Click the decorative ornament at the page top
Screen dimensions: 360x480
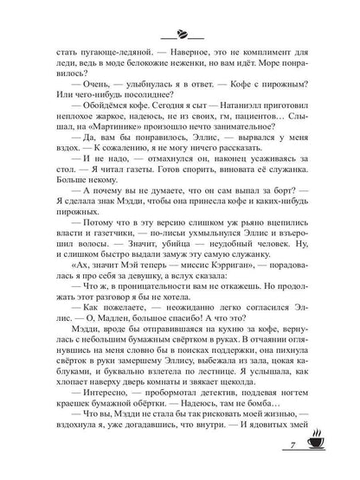point(180,35)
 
